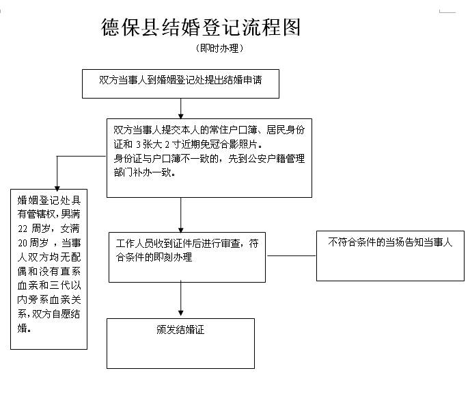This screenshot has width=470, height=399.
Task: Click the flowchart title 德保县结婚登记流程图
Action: point(200,27)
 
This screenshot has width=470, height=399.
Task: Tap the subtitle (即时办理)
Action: point(219,49)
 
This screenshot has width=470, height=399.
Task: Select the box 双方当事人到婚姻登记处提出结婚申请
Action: point(181,79)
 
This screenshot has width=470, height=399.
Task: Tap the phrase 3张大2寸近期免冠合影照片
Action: point(198,144)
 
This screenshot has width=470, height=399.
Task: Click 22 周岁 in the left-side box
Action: point(31,228)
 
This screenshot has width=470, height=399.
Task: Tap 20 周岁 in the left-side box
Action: point(31,243)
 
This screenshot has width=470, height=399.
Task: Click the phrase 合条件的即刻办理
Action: point(154,258)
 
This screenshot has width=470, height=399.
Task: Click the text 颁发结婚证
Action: point(181,330)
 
